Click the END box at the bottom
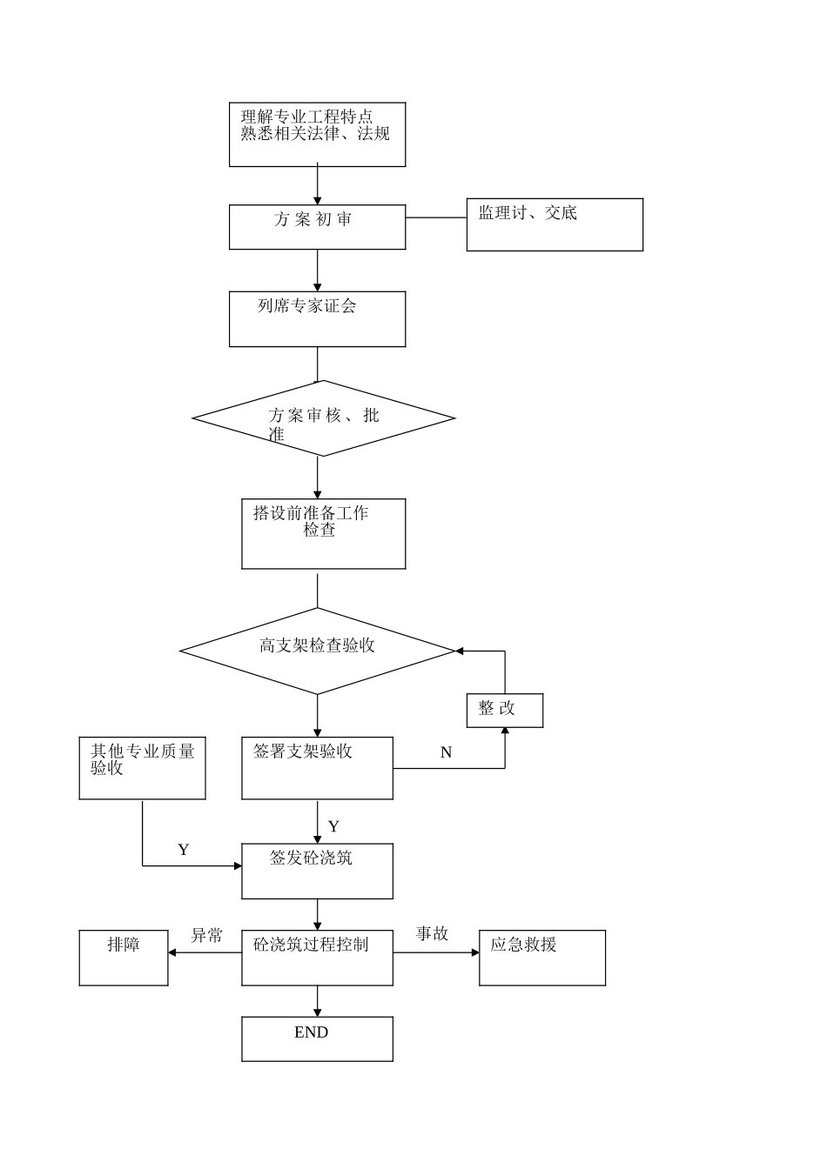[x=317, y=1039]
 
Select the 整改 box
[x=504, y=710]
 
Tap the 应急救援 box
[x=541, y=958]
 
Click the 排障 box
[x=124, y=958]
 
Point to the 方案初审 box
[x=317, y=226]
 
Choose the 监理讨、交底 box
[x=555, y=224]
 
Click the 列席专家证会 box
[x=317, y=318]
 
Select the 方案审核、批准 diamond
[x=323, y=418]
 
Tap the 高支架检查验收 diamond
[x=317, y=650]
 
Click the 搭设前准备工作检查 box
[x=323, y=533]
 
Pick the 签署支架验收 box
[x=317, y=767]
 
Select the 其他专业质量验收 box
[x=142, y=767]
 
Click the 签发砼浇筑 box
[x=317, y=871]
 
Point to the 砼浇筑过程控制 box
[x=317, y=958]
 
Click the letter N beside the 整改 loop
[x=446, y=752]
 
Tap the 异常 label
[x=206, y=935]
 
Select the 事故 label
[x=432, y=933]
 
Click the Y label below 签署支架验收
[x=333, y=826]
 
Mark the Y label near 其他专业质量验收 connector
[x=183, y=850]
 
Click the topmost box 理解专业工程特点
[x=317, y=134]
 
